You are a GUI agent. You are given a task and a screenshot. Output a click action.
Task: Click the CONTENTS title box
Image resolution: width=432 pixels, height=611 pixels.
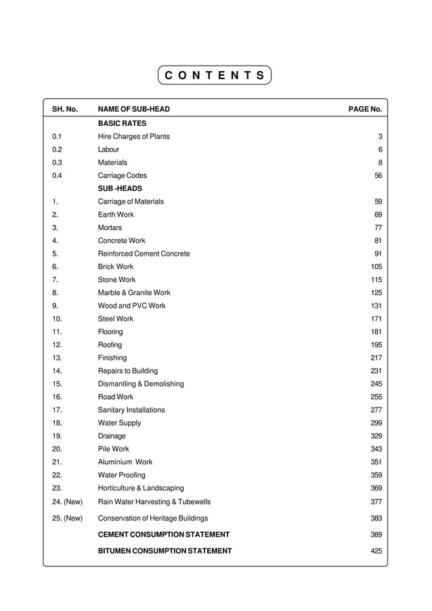[215, 75]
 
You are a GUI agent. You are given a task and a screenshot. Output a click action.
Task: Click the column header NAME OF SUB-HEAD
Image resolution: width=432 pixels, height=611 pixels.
[133, 109]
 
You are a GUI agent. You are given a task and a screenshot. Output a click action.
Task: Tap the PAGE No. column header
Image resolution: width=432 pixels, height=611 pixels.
[365, 109]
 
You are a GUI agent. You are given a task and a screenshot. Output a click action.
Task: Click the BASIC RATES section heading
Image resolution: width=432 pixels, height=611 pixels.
[122, 124]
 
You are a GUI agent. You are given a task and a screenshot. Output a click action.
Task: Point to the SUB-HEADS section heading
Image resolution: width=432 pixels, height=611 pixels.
[120, 189]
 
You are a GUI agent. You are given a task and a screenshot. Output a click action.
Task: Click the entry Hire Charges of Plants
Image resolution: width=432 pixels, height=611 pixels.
[133, 137]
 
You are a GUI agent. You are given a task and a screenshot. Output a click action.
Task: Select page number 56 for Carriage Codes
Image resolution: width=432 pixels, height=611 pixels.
[378, 176]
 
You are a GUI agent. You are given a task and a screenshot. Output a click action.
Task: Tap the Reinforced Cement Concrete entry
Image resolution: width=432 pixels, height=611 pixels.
[144, 254]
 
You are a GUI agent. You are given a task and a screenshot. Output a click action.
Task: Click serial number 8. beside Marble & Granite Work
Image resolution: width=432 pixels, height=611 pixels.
[55, 293]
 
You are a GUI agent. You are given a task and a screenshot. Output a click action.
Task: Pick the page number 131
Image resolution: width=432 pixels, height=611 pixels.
[376, 306]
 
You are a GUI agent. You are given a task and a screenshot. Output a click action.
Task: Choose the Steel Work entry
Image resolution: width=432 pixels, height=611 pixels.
[116, 319]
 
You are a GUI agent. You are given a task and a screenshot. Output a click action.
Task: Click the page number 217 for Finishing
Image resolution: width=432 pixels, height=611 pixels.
[376, 358]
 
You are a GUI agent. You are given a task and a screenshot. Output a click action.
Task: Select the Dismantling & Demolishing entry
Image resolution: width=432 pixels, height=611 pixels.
[141, 384]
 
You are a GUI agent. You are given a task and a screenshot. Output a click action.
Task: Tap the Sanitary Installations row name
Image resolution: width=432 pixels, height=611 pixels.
[131, 410]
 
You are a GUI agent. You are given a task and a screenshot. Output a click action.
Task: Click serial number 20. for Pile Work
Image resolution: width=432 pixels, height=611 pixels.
[57, 449]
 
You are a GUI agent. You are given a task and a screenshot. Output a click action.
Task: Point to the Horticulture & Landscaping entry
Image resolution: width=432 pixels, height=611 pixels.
[141, 489]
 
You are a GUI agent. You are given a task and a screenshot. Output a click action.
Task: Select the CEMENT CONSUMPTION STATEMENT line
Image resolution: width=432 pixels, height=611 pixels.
[164, 535]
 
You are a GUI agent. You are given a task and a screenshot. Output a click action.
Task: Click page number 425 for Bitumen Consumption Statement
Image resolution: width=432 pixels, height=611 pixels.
[376, 551]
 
